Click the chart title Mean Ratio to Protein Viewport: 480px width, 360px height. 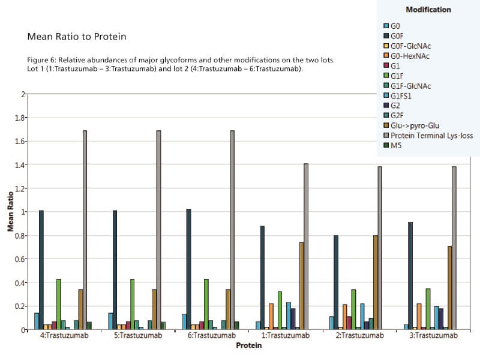tap(77, 37)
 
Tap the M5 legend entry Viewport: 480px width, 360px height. tap(396, 146)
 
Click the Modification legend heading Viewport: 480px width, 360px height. tap(428, 10)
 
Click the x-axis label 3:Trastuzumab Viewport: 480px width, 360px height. tap(433, 336)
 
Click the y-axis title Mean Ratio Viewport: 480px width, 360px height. tap(11, 212)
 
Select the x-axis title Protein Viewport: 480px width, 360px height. tap(248, 346)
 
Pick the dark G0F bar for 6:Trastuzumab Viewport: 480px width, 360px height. tap(189, 269)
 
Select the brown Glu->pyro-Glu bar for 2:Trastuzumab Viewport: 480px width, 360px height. tap(376, 283)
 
